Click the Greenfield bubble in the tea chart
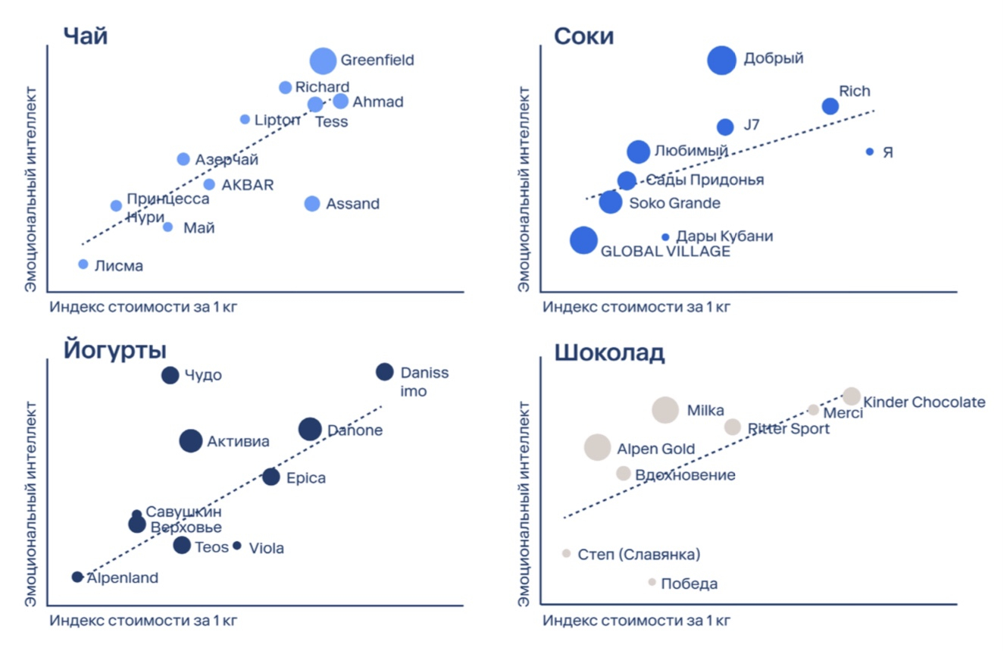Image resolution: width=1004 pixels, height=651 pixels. (x=323, y=61)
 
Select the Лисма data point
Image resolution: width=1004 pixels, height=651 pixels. (x=83, y=264)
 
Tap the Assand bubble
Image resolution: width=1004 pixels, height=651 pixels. (x=312, y=204)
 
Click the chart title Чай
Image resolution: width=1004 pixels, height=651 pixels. (x=85, y=36)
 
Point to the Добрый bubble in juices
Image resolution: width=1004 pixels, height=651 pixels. (x=721, y=60)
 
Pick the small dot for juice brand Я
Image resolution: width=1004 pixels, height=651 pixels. (x=870, y=152)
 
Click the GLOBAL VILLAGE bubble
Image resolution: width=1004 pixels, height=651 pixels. (x=583, y=240)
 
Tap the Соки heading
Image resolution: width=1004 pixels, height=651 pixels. (x=583, y=36)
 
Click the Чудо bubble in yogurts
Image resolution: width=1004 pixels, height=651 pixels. (x=170, y=374)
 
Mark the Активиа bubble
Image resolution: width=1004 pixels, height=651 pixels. (x=191, y=440)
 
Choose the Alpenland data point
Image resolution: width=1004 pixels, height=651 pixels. (x=77, y=577)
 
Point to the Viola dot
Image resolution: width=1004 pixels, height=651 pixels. (x=237, y=546)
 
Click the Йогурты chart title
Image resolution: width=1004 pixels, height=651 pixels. (x=114, y=350)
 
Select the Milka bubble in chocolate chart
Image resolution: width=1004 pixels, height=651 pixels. (x=665, y=410)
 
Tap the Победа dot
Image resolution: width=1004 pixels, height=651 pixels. (x=652, y=582)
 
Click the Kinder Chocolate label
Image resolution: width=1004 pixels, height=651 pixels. (x=924, y=402)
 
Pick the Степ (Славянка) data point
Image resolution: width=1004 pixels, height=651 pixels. (x=566, y=553)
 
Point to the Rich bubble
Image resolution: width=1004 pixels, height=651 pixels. (x=830, y=106)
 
